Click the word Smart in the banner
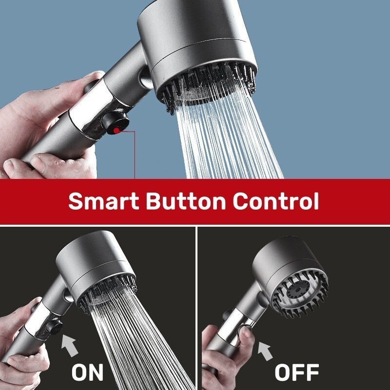103,201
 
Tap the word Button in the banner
186,201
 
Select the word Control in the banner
276,201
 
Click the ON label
87,372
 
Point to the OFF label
297,372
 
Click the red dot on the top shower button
117,131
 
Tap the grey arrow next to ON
69,345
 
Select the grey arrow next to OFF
265,351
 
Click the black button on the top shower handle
115,123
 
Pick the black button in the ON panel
54,326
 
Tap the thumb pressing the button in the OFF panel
245,335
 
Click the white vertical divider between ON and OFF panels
196,308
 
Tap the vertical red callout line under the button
135,155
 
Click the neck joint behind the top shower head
146,78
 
